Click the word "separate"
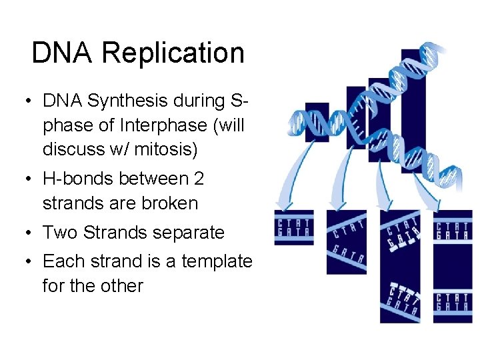click(x=189, y=233)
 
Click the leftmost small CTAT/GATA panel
click(x=293, y=228)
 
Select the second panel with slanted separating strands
click(x=346, y=242)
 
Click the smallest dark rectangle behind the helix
click(x=317, y=122)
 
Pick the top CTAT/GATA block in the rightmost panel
click(x=453, y=228)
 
